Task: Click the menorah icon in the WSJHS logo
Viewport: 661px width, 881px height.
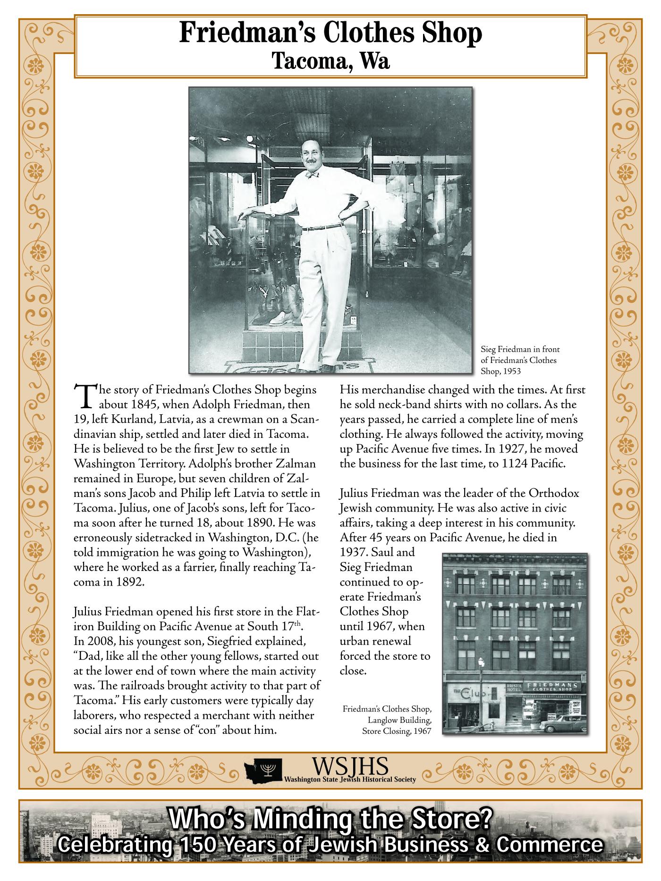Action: tap(269, 770)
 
